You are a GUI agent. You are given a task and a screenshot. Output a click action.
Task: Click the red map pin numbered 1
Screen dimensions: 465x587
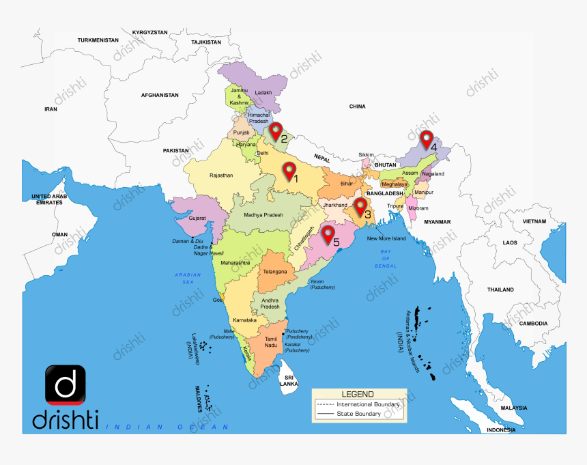point(290,170)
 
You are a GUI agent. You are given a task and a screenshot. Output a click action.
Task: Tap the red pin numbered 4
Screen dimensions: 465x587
point(427,139)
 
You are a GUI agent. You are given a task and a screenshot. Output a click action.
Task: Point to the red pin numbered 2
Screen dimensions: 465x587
point(276,131)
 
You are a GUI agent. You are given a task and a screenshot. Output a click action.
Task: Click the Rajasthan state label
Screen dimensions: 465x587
point(221,175)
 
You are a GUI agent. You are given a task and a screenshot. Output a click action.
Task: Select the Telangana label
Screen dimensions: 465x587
point(274,271)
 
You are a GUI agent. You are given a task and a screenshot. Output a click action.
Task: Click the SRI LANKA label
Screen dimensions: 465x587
point(289,380)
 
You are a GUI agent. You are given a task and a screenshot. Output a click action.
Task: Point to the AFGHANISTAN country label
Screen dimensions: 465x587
point(160,95)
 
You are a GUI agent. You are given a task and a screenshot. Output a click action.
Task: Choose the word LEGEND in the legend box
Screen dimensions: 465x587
point(358,394)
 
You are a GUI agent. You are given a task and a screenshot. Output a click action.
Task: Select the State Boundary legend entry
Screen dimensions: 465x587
point(358,414)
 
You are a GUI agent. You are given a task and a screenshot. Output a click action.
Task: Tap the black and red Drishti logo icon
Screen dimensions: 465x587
point(66,384)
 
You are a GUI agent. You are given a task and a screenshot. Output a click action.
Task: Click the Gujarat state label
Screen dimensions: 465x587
point(197,218)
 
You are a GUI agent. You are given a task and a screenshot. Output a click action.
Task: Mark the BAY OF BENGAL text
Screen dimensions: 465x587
point(386,258)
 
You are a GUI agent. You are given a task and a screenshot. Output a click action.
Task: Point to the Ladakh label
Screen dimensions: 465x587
point(263,93)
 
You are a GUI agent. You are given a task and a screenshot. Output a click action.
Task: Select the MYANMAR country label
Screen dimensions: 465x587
point(437,222)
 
